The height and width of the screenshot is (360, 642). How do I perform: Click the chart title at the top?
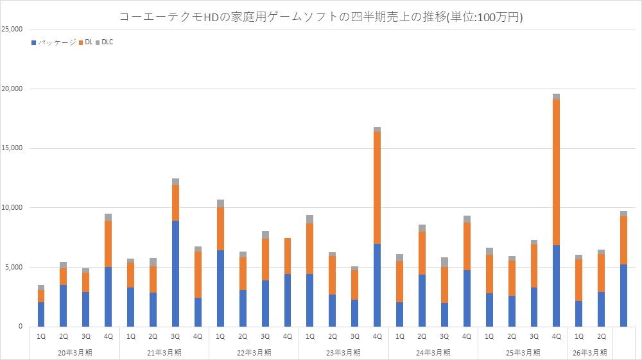321,17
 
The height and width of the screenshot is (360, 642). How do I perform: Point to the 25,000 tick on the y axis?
13,30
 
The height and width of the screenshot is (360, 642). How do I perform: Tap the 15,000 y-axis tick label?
13,148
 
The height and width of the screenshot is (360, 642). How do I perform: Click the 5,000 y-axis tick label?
15,267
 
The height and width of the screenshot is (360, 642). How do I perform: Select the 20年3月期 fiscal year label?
74,352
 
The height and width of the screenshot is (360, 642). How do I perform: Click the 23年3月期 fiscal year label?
343,352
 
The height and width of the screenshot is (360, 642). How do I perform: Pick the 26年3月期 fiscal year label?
590,352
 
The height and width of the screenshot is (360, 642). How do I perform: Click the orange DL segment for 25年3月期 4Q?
556,172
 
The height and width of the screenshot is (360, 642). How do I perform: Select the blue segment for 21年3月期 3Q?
175,273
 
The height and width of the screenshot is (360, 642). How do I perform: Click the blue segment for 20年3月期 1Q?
41,314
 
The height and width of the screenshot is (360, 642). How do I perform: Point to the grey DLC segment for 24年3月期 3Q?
444,262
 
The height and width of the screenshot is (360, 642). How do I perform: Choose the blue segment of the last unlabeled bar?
623,295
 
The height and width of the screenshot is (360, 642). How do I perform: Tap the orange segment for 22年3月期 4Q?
288,256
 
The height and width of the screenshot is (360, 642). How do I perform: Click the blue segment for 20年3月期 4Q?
108,296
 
